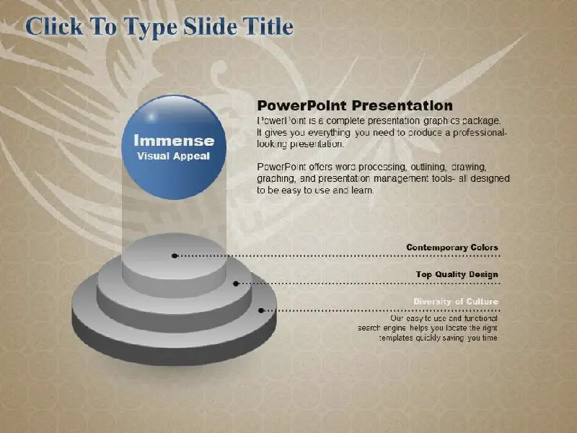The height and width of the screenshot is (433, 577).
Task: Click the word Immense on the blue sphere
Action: [x=174, y=141]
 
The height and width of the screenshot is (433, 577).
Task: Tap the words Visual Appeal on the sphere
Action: [x=173, y=156]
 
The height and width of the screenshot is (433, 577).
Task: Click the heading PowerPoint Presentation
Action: [x=355, y=105]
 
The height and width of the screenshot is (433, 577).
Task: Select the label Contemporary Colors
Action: [x=452, y=248]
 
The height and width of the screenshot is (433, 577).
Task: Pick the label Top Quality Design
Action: [x=457, y=274]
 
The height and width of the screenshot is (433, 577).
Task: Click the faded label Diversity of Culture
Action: [x=456, y=302]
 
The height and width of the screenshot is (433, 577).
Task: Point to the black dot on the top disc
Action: [x=175, y=255]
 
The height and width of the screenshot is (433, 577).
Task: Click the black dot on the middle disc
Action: [x=237, y=284]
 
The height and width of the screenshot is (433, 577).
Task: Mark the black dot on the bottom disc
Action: [x=261, y=310]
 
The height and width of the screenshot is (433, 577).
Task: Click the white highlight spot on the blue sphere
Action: [x=151, y=117]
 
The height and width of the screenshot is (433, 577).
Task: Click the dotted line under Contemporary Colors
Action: [x=337, y=255]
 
